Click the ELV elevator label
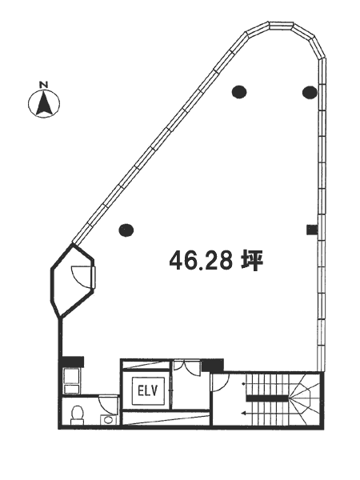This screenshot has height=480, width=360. click(147, 391)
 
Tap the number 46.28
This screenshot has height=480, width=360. click(201, 261)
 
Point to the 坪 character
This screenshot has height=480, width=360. click(252, 261)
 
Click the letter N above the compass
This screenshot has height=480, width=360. click(44, 85)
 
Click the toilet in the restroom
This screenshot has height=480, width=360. click(77, 415)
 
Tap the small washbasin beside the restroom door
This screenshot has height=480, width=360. click(107, 419)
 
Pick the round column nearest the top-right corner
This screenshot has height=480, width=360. click(310, 92)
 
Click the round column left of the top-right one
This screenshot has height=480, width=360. click(239, 91)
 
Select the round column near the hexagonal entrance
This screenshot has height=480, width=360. click(126, 230)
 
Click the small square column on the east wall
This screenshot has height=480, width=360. click(312, 230)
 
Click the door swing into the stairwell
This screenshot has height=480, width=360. click(221, 382)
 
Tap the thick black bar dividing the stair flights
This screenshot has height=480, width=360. click(267, 398)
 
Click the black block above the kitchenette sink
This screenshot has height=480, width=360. click(73, 362)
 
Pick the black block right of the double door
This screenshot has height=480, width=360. click(213, 366)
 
